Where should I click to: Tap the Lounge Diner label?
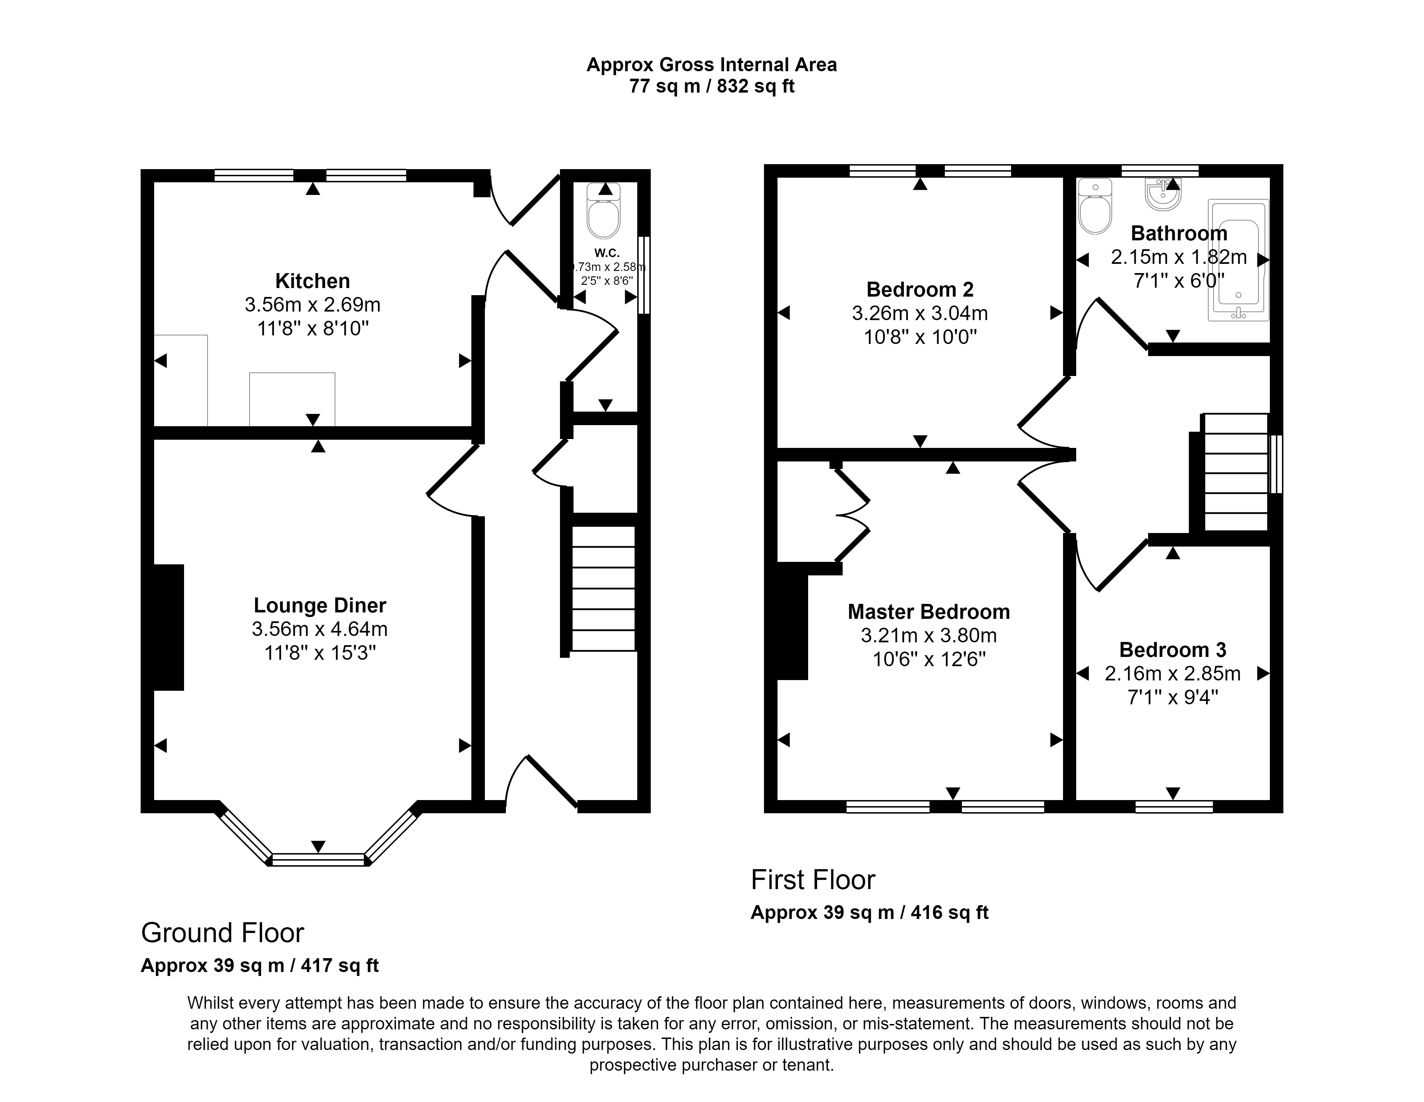tap(319, 605)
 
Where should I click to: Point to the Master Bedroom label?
tap(928, 612)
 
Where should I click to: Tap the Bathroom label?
tap(1179, 233)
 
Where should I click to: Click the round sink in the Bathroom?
tap(1163, 195)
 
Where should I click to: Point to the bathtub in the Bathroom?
tap(1238, 260)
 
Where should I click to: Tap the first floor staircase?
tap(1236, 473)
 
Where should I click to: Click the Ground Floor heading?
tap(222, 933)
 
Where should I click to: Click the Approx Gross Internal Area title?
tap(711, 64)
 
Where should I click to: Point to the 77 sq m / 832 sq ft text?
tap(711, 86)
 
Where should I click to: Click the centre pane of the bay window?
tap(318, 860)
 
